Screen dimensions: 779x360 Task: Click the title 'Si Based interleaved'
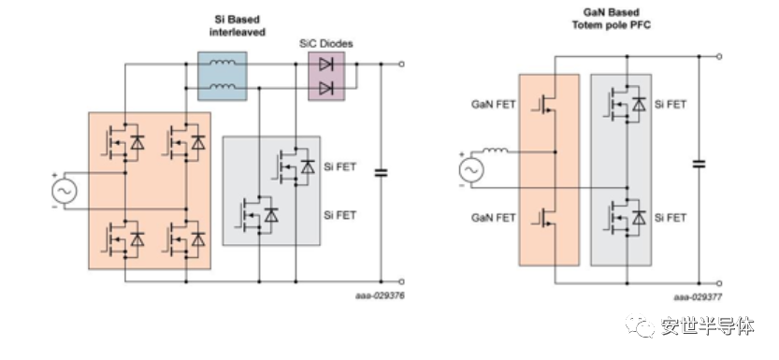point(237,26)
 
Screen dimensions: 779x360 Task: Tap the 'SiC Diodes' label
point(325,44)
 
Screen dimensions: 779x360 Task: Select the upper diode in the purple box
point(325,65)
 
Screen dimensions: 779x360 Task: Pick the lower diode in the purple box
point(325,89)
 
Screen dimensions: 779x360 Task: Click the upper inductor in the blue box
point(222,63)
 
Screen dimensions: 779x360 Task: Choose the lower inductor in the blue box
point(222,87)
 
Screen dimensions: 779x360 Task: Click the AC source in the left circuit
point(65,192)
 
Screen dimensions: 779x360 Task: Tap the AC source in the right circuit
point(470,170)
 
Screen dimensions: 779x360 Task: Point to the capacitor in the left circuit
point(381,173)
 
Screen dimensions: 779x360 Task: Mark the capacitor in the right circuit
point(699,164)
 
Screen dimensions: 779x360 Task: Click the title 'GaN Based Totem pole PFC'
point(611,19)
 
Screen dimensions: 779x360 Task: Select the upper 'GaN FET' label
point(494,105)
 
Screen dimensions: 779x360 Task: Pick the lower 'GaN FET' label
point(494,218)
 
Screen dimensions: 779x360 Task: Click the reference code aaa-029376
point(380,295)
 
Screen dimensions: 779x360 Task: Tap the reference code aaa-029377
point(698,297)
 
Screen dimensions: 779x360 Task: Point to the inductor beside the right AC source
point(495,150)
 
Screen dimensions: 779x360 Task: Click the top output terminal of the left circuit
point(401,65)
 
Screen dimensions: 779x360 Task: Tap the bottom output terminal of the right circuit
point(719,283)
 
